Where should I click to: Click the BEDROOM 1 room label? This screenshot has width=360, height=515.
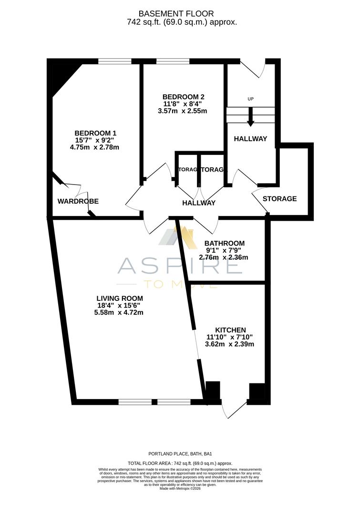click(x=95, y=133)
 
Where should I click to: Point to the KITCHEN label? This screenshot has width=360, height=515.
click(x=230, y=330)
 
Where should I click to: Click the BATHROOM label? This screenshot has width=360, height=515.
click(x=225, y=243)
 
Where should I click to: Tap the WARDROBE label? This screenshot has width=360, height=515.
click(x=78, y=201)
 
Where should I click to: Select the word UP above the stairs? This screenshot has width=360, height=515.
click(x=250, y=99)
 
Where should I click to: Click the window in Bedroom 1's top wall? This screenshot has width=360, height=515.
click(x=115, y=61)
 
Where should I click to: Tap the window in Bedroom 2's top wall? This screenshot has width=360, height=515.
click(x=172, y=61)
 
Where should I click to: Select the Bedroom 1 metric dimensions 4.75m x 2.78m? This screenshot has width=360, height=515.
click(x=94, y=147)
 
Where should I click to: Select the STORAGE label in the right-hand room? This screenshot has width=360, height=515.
click(x=280, y=198)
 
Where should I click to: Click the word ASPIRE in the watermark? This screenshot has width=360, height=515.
click(x=180, y=266)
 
